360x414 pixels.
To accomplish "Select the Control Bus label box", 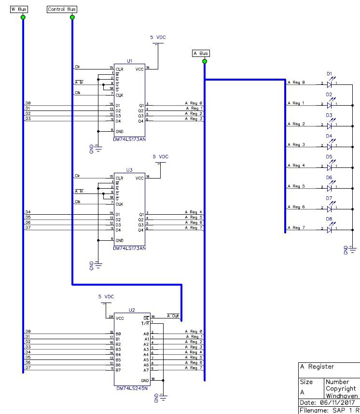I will click(62, 10).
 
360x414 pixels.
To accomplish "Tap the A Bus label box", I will click(201, 54).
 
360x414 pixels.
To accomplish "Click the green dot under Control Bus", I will click(72, 17).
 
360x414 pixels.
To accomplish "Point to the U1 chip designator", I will click(129, 61).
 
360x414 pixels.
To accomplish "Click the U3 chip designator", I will click(129, 170).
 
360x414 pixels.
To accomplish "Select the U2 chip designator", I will click(132, 310).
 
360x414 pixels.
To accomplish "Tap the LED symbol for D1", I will click(330, 83).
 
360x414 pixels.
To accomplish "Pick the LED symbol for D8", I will click(330, 228).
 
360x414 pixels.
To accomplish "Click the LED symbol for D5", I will click(330, 166).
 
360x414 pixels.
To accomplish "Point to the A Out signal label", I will click(173, 316).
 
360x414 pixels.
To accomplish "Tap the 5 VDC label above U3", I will click(161, 157).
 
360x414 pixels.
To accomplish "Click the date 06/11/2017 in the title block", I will click(337, 402).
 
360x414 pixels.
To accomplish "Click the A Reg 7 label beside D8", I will click(297, 228).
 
